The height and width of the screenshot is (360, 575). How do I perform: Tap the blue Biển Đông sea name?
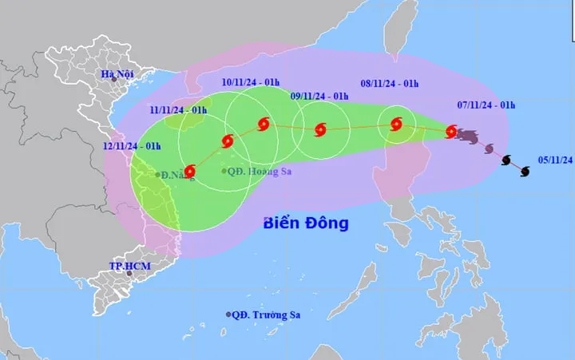click(x=306, y=224)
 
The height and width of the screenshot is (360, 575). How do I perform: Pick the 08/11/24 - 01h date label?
click(x=390, y=83)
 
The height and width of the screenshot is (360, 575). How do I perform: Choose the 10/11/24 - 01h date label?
click(x=252, y=83)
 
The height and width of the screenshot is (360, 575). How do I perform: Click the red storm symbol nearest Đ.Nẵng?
click(x=190, y=171)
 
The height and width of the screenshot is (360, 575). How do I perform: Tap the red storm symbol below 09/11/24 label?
click(x=320, y=129)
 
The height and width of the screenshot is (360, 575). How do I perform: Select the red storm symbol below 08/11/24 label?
click(x=396, y=124)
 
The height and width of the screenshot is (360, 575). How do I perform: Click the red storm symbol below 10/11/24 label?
click(x=264, y=125)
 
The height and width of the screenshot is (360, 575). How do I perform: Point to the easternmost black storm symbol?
click(x=525, y=171)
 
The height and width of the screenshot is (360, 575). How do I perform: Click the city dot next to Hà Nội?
click(x=114, y=78)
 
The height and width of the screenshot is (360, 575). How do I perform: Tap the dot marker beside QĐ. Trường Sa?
click(x=228, y=315)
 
